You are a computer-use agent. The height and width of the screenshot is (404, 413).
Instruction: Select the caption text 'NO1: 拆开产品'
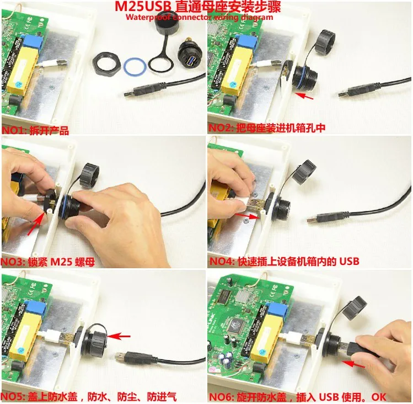point(36,130)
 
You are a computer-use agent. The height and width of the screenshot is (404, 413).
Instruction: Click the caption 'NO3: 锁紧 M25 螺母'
point(49,262)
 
